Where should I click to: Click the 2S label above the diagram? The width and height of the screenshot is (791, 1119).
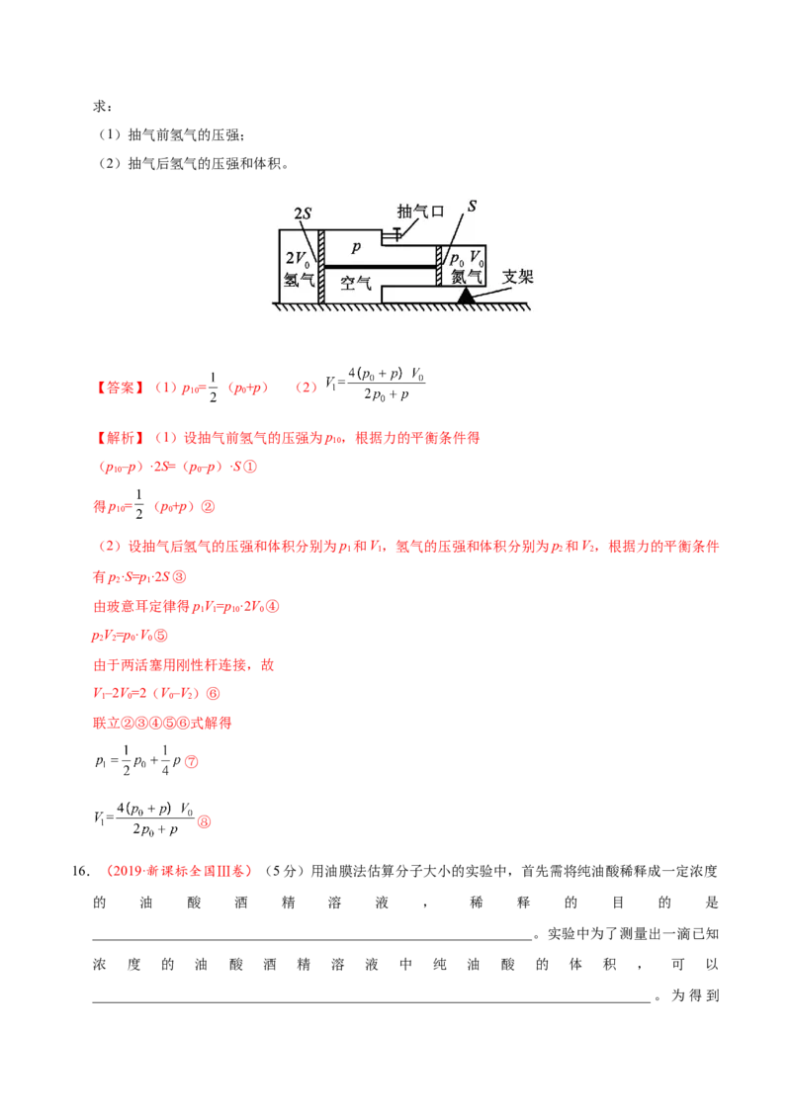pyautogui.click(x=303, y=214)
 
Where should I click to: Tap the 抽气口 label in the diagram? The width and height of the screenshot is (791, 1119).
pyautogui.click(x=420, y=212)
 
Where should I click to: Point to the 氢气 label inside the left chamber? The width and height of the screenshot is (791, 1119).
pyautogui.click(x=300, y=279)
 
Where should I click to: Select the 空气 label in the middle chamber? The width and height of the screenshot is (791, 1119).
pyautogui.click(x=356, y=284)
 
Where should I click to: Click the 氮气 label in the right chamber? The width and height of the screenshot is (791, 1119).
pyautogui.click(x=467, y=277)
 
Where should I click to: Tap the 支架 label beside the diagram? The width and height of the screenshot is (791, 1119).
pyautogui.click(x=517, y=276)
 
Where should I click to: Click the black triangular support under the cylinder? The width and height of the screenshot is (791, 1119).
pyautogui.click(x=466, y=296)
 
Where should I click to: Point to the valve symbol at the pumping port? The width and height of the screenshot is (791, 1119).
pyautogui.click(x=394, y=233)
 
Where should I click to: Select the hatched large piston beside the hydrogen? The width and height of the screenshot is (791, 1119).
pyautogui.click(x=321, y=267)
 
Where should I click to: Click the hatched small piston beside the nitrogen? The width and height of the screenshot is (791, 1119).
pyautogui.click(x=439, y=266)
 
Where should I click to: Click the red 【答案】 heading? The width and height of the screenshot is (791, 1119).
pyautogui.click(x=120, y=387)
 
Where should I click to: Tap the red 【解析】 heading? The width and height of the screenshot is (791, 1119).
pyautogui.click(x=120, y=438)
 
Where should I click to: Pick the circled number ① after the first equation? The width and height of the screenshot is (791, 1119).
pyautogui.click(x=250, y=467)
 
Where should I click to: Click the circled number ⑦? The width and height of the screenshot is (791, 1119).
pyautogui.click(x=192, y=762)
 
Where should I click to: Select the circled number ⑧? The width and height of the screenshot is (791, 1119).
pyautogui.click(x=204, y=822)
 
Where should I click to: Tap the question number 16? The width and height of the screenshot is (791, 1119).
pyautogui.click(x=81, y=871)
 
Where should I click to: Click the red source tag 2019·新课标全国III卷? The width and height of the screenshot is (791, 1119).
pyautogui.click(x=179, y=871)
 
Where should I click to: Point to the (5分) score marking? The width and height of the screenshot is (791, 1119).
pyautogui.click(x=285, y=871)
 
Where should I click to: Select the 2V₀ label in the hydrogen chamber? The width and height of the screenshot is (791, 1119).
pyautogui.click(x=298, y=258)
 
